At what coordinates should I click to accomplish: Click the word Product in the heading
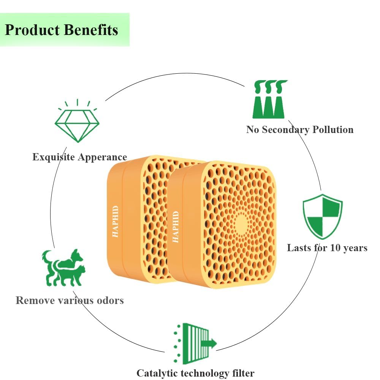point(32,30)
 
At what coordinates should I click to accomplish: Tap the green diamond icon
point(77,121)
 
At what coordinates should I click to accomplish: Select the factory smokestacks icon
point(269,99)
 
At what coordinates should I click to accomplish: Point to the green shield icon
point(323,217)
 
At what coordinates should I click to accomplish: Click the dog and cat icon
point(64,268)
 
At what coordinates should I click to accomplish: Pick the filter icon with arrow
point(195,344)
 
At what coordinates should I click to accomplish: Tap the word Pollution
point(333,130)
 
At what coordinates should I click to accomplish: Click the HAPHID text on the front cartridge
point(176,227)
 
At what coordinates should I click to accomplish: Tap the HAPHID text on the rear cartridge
point(116,221)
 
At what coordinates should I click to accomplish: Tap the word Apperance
point(102,157)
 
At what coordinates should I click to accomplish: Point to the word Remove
point(35,301)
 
